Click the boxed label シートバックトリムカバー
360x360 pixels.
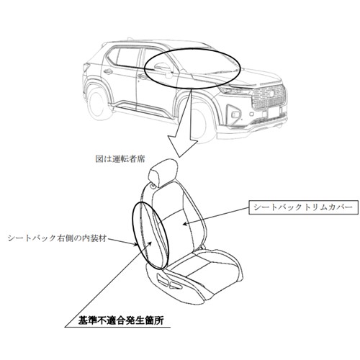(303, 207)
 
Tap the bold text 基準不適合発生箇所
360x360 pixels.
(121, 320)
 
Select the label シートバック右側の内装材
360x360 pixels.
(57, 238)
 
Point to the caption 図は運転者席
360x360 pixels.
(120, 158)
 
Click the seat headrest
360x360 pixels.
(163, 171)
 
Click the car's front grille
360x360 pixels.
(269, 97)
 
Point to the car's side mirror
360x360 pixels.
(163, 69)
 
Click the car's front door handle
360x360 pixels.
(143, 76)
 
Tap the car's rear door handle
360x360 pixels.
(109, 71)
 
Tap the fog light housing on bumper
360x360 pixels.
(234, 112)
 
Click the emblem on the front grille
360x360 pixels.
(270, 93)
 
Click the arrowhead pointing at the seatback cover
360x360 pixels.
(185, 223)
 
